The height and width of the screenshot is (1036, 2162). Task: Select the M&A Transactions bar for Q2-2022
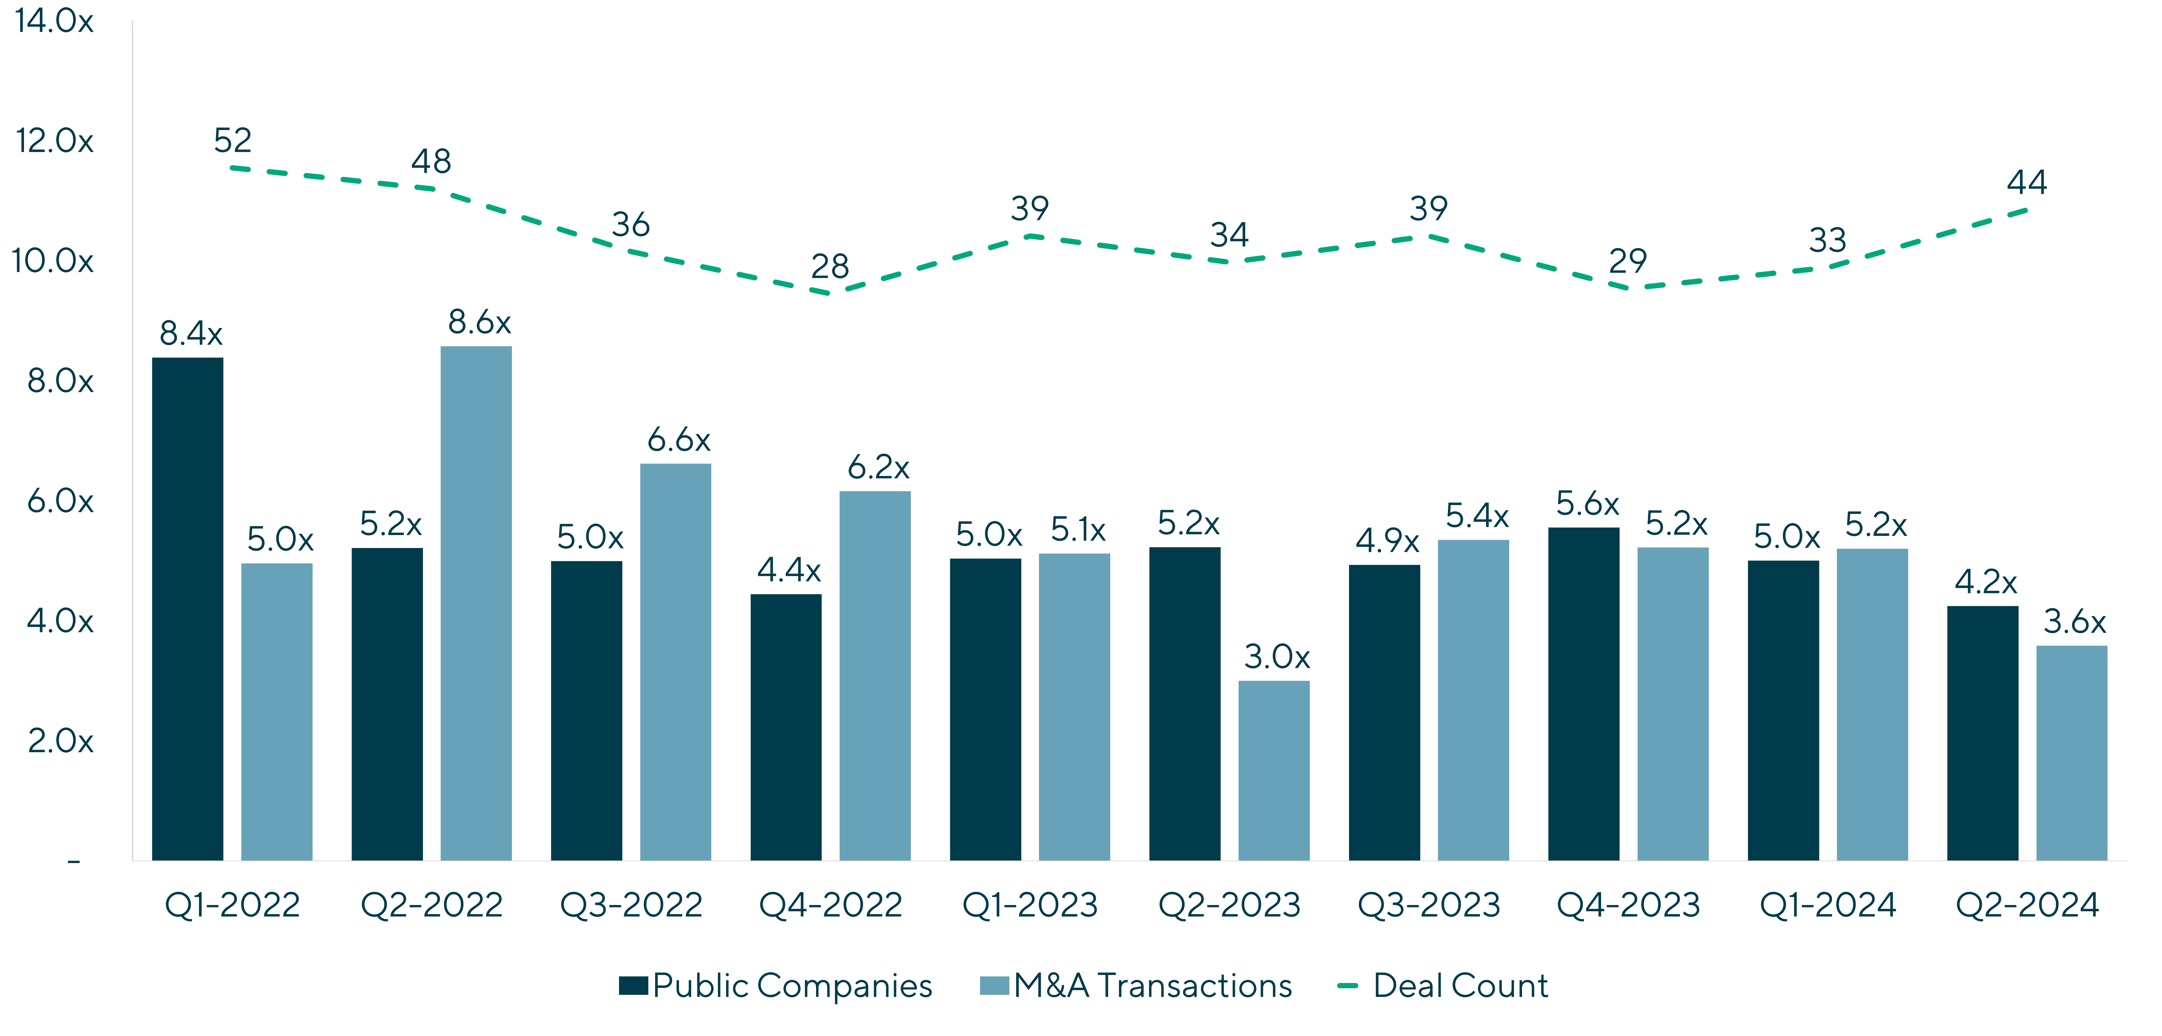tap(476, 602)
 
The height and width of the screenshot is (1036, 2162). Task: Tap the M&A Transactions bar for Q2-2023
tap(1273, 770)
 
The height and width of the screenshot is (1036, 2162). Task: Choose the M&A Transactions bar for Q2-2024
tap(2071, 752)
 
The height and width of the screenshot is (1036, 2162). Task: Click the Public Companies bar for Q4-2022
tap(786, 726)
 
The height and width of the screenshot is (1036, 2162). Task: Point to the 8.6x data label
tap(479, 322)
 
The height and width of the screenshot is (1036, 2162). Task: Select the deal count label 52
tap(232, 140)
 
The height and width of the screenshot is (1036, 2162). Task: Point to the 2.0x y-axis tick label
tap(60, 741)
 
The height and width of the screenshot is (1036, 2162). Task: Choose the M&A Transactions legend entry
tap(1136, 986)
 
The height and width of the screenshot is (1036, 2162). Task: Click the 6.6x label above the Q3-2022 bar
tap(678, 440)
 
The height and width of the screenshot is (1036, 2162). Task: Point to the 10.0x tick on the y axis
tap(53, 261)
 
